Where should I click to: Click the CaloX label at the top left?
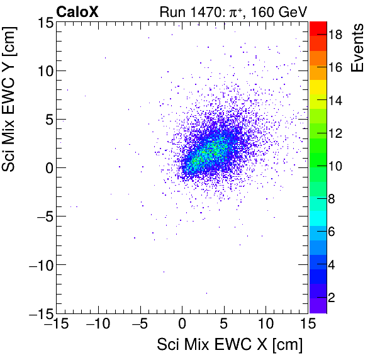pyautogui.click(x=76, y=11)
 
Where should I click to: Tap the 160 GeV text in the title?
pyautogui.click(x=280, y=11)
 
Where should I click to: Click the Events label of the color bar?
pyautogui.click(x=358, y=48)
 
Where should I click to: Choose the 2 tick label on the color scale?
pyautogui.click(x=330, y=296)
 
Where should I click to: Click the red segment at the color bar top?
pyautogui.click(x=318, y=28)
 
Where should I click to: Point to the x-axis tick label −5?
pyautogui.click(x=140, y=325)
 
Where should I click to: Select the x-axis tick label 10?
pyautogui.click(x=266, y=325)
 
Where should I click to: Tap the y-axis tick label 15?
pyautogui.click(x=43, y=22)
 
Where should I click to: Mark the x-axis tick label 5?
pyautogui.click(x=224, y=325)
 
